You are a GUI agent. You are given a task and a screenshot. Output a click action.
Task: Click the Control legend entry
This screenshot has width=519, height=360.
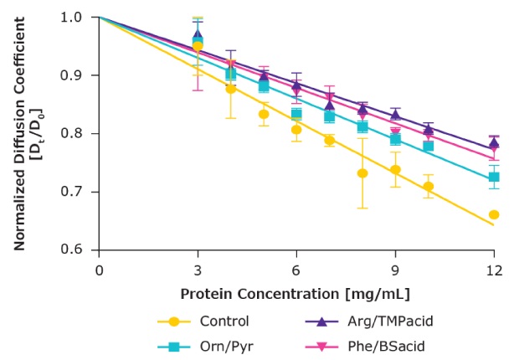201,321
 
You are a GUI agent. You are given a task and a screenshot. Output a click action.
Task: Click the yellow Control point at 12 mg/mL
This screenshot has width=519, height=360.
494,214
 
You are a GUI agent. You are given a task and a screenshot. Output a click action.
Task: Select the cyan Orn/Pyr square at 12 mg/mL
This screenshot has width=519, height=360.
494,177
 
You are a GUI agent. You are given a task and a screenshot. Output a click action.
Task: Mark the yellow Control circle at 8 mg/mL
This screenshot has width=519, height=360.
362,173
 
